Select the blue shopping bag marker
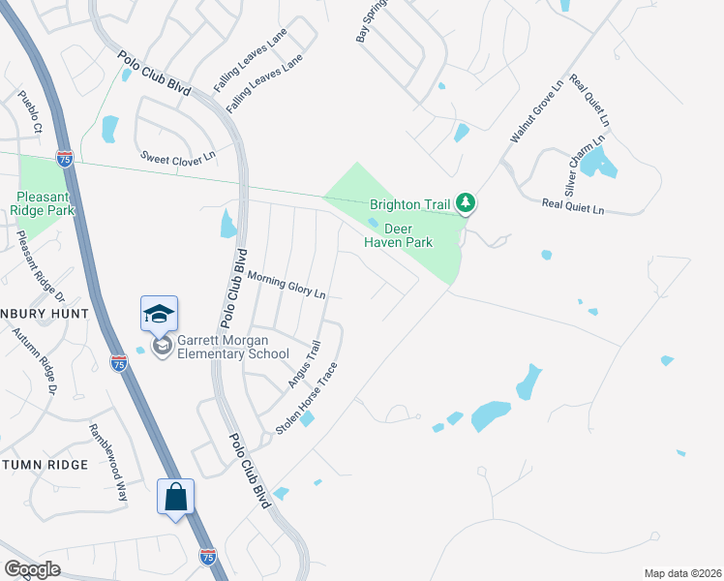tap(176, 498)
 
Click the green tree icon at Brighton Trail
tap(467, 203)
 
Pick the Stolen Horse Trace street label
tap(307, 398)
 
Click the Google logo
tap(33, 568)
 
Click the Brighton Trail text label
tap(409, 205)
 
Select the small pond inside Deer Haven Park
tap(373, 222)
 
